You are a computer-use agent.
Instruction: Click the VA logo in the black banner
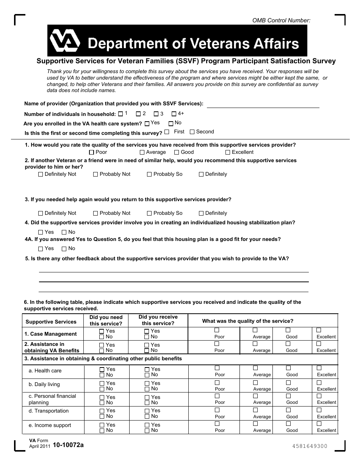coord(65,41)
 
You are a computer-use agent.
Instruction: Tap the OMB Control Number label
coord(281,20)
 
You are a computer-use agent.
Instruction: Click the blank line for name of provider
coord(263,105)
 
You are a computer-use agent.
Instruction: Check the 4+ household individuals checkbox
coord(174,114)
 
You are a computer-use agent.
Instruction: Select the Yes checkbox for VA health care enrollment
coord(147,124)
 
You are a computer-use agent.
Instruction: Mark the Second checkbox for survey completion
coord(192,132)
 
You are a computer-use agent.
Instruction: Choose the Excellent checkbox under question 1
coord(228,152)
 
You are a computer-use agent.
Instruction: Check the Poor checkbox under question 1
coord(91,152)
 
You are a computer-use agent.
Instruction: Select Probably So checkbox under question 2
coord(149,174)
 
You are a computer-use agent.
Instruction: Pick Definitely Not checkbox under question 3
coord(41,213)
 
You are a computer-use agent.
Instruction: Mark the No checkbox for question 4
coord(64,232)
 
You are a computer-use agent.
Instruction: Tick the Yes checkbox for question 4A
coord(41,249)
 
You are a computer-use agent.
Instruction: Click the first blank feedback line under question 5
coord(174,272)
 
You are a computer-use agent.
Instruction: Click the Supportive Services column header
coord(51,322)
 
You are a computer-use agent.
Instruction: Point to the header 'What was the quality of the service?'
coord(247,321)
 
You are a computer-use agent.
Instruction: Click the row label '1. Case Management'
coord(50,334)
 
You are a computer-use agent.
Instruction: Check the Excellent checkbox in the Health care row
coord(319,368)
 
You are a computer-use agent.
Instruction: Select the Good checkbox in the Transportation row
coord(288,410)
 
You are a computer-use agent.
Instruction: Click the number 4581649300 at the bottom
coord(310,446)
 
